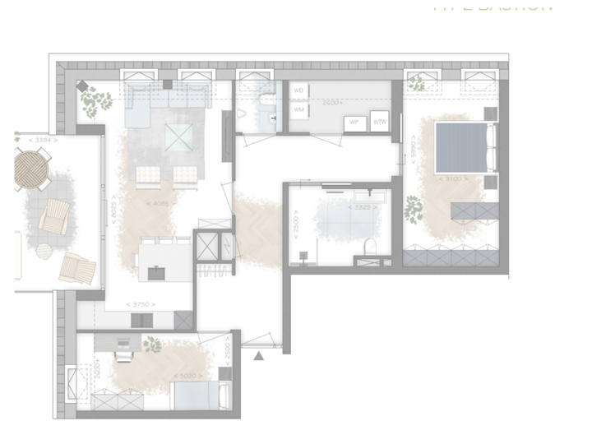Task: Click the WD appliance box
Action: pyautogui.click(x=299, y=90)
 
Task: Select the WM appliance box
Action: pyautogui.click(x=299, y=109)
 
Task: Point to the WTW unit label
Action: pyautogui.click(x=380, y=122)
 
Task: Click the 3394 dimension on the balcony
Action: pyautogui.click(x=42, y=141)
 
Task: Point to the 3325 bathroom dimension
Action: pyautogui.click(x=365, y=207)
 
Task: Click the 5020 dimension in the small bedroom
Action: pyautogui.click(x=186, y=377)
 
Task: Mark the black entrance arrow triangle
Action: pyautogui.click(x=259, y=355)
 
